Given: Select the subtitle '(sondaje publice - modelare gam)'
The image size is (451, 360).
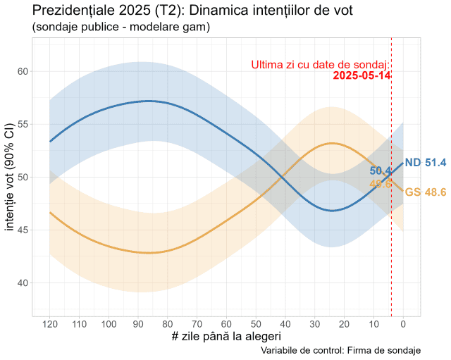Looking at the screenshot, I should [x=121, y=27].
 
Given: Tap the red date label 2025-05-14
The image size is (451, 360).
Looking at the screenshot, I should [x=362, y=75].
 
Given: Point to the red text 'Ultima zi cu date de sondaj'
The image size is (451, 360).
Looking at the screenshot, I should [x=321, y=65].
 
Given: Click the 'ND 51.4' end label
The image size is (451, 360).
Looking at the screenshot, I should [x=426, y=163].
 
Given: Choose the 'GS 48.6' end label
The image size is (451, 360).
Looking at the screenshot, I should [x=426, y=192].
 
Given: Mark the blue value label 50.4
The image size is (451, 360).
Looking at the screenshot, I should [x=381, y=171].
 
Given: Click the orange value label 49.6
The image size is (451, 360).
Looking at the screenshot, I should [x=381, y=184].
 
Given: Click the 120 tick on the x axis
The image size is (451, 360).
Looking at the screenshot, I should [x=49, y=324].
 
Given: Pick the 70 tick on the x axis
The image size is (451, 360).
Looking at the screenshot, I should [x=197, y=324].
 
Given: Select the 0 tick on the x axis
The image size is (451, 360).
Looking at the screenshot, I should [x=403, y=324].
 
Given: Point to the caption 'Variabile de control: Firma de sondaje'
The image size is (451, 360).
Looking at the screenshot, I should [x=340, y=350].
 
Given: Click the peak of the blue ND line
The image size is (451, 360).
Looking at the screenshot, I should [x=148, y=101].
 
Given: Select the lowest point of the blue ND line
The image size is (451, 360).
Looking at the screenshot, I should [x=331, y=211].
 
